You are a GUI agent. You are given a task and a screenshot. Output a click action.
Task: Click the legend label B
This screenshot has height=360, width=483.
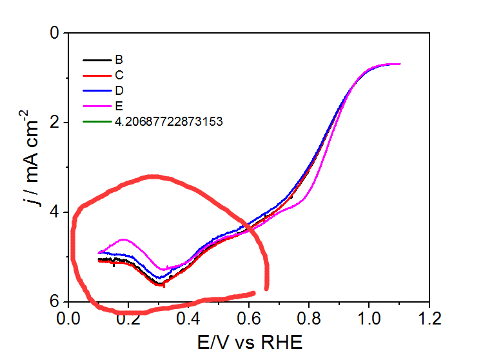[119, 61]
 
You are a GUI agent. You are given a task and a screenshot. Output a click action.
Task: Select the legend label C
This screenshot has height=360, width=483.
[119, 75]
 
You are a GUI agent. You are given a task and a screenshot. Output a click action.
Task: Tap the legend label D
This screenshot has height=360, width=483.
[119, 90]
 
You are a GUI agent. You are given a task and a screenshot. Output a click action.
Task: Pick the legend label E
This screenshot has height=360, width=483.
[119, 106]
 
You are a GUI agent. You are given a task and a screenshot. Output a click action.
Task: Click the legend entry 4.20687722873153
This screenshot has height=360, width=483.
[168, 121]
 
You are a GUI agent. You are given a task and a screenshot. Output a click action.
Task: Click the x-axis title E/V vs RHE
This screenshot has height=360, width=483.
[248, 341]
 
